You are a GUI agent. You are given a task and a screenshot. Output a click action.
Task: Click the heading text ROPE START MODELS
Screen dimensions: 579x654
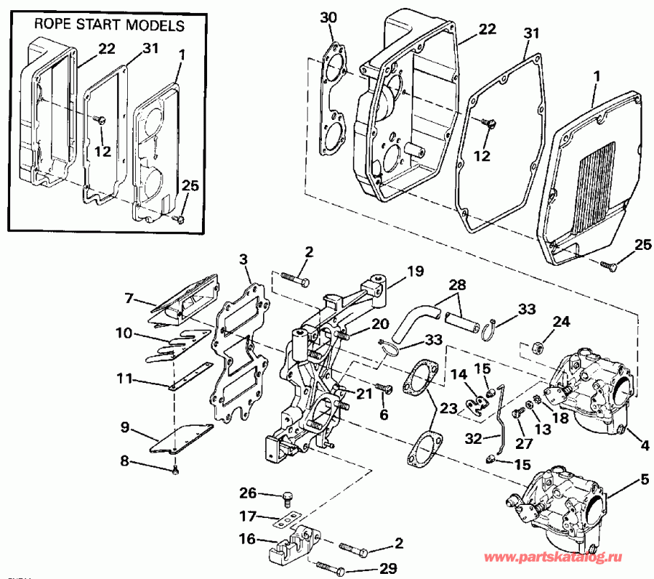110,25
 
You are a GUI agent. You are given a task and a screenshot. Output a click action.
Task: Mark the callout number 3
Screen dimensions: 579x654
243,259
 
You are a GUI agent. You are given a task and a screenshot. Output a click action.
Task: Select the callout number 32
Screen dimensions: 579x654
473,438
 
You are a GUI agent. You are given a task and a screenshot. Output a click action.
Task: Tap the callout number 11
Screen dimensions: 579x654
126,378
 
